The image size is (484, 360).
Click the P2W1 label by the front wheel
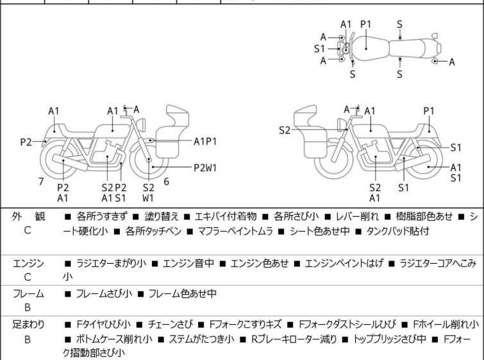point(205,167)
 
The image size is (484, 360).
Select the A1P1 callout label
point(205,140)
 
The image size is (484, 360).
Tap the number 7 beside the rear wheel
point(41,182)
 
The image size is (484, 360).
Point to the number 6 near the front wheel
point(166,182)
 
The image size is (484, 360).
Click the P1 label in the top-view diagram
point(366,24)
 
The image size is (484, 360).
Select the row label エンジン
point(28,263)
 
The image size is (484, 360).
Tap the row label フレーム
point(28,294)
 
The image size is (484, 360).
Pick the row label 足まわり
point(28,325)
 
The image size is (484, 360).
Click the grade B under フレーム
point(28,307)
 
